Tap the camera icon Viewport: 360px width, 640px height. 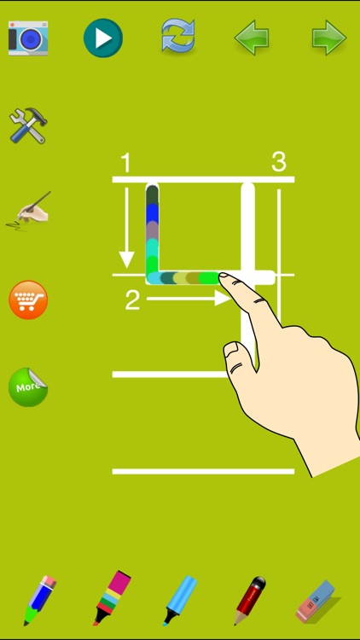pos(28,38)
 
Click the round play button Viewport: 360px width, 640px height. pos(102,38)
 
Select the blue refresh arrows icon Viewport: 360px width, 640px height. pos(178,37)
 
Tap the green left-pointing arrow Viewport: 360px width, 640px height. pos(253,38)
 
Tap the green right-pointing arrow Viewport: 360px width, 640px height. pos(328,38)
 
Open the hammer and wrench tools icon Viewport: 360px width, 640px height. pos(28,125)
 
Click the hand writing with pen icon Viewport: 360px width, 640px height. pos(29,210)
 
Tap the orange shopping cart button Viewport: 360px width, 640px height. pos(28,300)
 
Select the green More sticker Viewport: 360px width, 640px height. pos(28,387)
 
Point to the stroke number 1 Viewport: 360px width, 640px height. pos(125,162)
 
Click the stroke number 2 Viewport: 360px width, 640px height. pos(132,300)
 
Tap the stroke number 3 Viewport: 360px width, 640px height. pos(278,161)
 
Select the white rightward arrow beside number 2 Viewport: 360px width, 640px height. pos(189,299)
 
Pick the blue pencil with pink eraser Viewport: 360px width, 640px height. pos(38,600)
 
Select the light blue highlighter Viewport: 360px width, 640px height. pos(180,599)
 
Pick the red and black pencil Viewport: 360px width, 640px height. pos(251,600)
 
